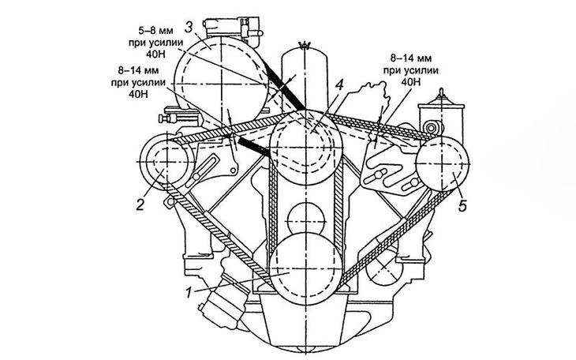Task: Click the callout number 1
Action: click(x=189, y=293)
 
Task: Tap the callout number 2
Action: click(x=140, y=204)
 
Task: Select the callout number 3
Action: click(x=189, y=28)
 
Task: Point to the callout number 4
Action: click(x=339, y=85)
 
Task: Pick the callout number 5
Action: click(x=462, y=206)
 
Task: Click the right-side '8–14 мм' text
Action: click(x=411, y=58)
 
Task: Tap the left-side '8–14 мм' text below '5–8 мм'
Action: click(x=139, y=70)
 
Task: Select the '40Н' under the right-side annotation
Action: click(x=411, y=81)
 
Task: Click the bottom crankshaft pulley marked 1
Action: click(x=306, y=268)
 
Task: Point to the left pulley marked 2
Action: click(x=167, y=162)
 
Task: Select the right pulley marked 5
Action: click(x=443, y=163)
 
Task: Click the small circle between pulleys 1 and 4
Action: click(x=306, y=220)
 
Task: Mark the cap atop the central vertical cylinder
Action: click(x=304, y=45)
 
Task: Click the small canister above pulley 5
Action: click(x=442, y=117)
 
